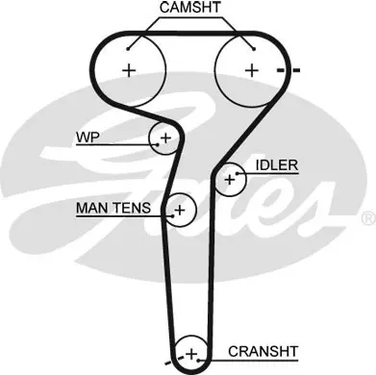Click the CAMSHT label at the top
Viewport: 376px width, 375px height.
point(190,8)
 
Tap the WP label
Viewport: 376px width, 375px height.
point(88,137)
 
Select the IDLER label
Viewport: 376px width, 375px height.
point(277,165)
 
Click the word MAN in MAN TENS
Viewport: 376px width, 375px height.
point(90,208)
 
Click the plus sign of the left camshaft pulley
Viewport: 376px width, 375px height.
point(130,70)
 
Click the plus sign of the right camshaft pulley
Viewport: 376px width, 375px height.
point(252,70)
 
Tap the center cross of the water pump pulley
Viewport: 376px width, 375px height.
point(165,138)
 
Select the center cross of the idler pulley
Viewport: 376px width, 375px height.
point(230,180)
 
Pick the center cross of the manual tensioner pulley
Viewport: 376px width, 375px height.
point(180,211)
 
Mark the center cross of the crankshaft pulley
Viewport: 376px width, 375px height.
point(191,355)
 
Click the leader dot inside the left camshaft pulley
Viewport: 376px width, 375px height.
point(128,49)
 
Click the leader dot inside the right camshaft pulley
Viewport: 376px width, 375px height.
point(254,49)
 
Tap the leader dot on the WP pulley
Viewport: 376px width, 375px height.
point(158,145)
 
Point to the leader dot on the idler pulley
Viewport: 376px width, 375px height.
point(238,174)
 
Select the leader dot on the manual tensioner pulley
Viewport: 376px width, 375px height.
point(173,215)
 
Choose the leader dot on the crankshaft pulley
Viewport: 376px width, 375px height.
point(198,361)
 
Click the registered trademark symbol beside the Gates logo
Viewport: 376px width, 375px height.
point(368,217)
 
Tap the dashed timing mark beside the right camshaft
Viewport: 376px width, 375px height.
point(288,70)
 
